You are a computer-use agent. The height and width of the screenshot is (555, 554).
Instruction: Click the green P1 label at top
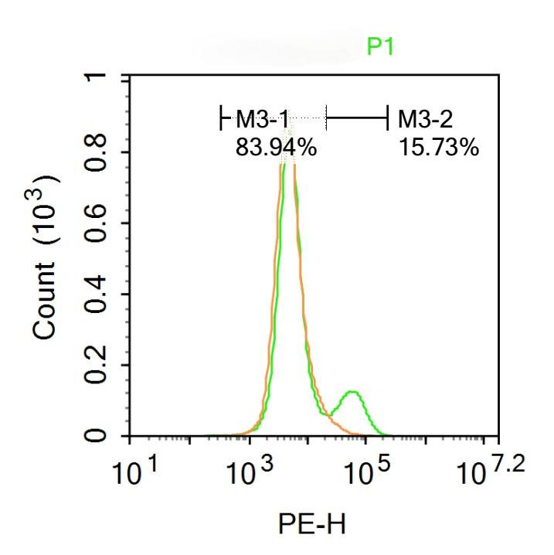[380, 48]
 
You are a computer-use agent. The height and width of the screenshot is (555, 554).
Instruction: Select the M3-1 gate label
[262, 119]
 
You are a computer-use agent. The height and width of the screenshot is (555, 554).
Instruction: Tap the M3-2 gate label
[425, 119]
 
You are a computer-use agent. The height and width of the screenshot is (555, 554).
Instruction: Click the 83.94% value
[276, 146]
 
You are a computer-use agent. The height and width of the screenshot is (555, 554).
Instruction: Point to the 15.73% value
[439, 146]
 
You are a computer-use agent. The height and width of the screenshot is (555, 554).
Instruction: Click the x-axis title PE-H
[311, 525]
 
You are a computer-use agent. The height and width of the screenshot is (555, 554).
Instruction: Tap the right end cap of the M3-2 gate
[387, 118]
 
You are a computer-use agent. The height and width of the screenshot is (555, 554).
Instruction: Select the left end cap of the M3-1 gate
[221, 118]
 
